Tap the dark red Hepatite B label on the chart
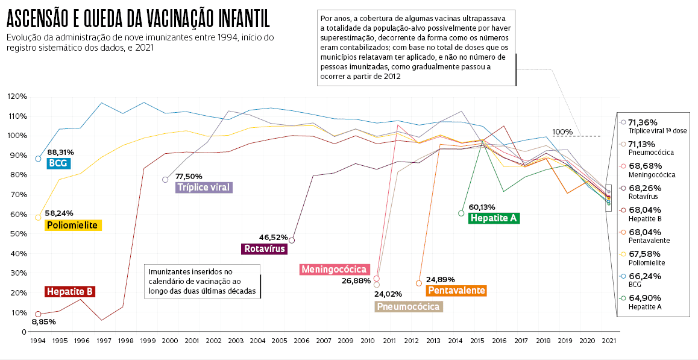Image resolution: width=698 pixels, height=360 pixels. (70, 291)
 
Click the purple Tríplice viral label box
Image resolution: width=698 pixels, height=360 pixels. (204, 187)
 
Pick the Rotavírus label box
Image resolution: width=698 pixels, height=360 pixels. (263, 248)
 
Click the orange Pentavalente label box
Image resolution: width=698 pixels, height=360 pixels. (456, 291)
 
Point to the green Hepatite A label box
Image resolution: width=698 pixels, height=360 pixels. (494, 218)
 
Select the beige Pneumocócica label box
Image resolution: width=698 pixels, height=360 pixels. (408, 306)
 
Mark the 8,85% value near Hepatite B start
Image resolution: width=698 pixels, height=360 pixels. (43, 322)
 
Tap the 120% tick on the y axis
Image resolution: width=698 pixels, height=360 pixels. (17, 96)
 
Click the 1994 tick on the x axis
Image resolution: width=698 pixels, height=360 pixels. (37, 341)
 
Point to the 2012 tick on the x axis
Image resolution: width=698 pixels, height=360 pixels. (411, 341)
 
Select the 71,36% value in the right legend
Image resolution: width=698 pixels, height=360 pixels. (644, 122)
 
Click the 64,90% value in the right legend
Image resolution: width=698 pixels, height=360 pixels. (644, 298)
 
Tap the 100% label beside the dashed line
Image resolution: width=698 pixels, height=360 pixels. (562, 131)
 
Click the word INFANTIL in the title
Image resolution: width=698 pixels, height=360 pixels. (237, 20)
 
